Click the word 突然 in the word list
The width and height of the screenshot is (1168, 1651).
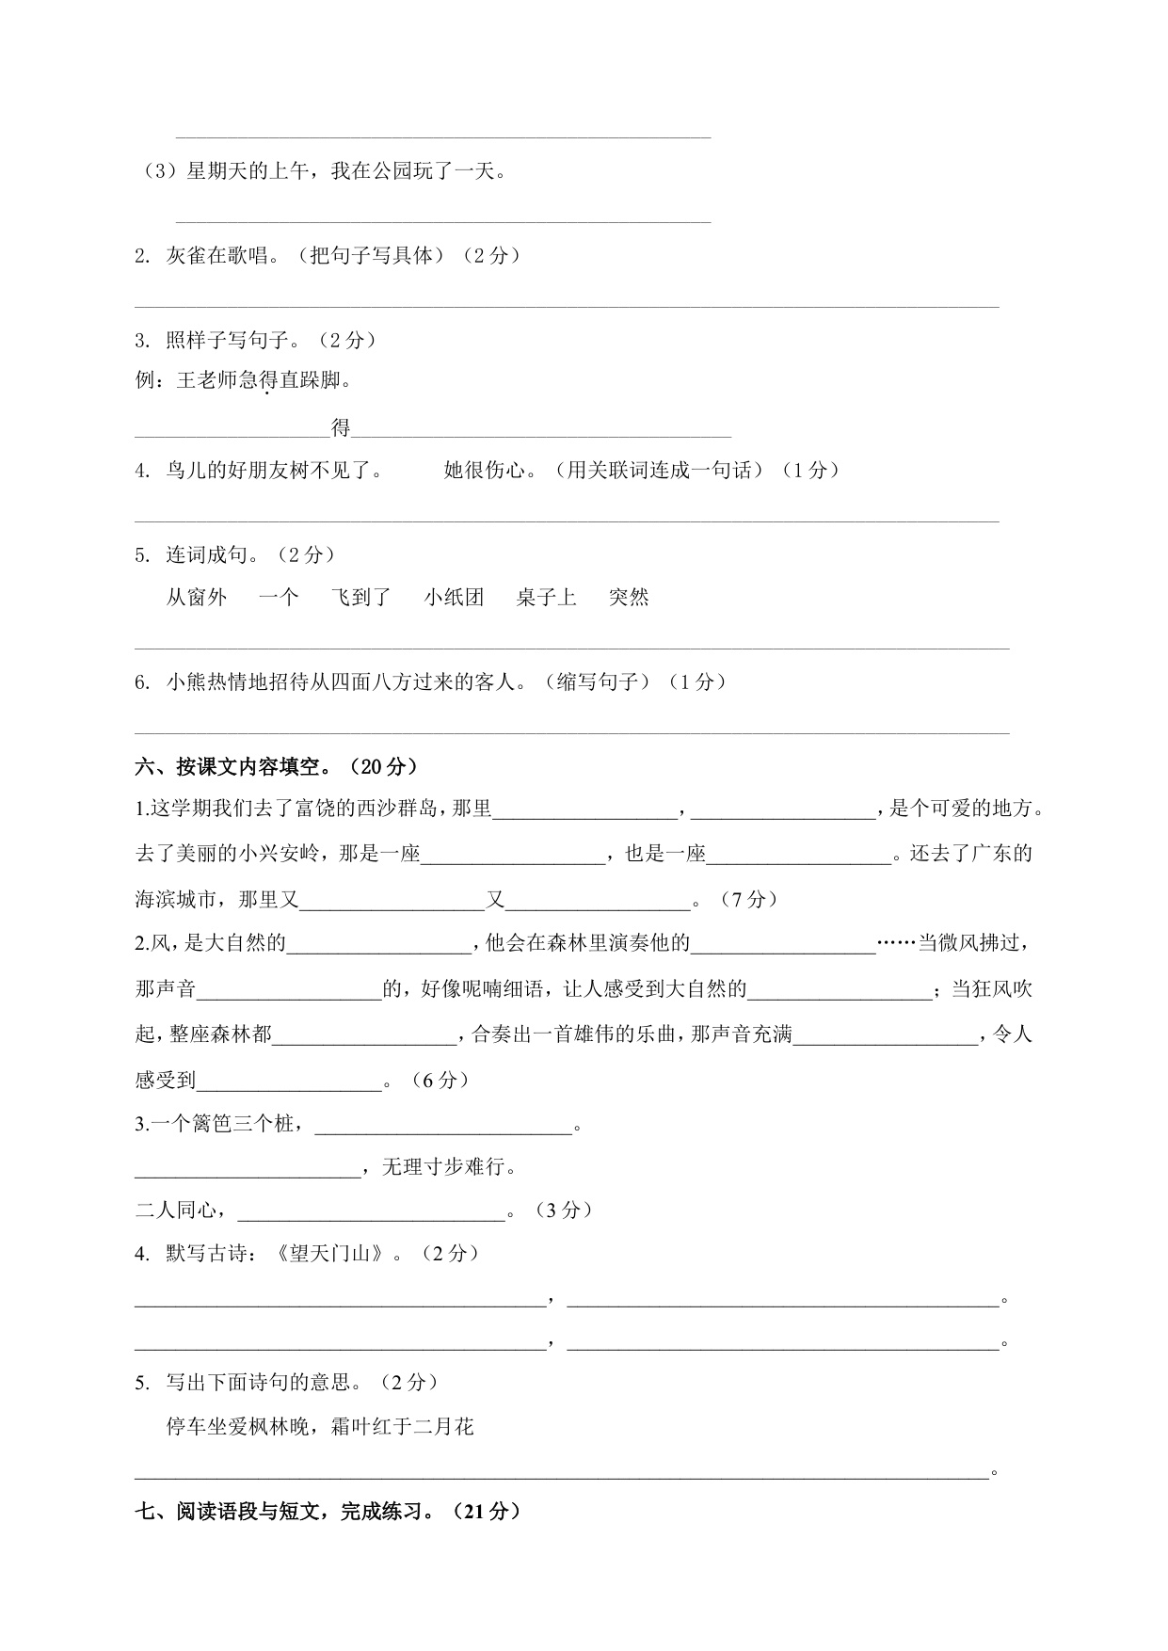629,597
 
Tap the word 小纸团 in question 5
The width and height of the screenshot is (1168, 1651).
454,597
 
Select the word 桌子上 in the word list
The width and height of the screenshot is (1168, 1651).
546,597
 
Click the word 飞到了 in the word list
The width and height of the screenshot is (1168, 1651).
360,597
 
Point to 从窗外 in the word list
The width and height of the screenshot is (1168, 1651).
197,597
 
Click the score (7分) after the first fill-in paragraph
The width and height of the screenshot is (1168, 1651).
749,899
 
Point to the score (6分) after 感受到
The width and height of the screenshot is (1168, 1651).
440,1080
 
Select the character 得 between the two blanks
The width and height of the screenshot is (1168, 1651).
341,428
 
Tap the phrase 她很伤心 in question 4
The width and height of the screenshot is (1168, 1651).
484,470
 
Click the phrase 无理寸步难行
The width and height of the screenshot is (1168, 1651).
448,1167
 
